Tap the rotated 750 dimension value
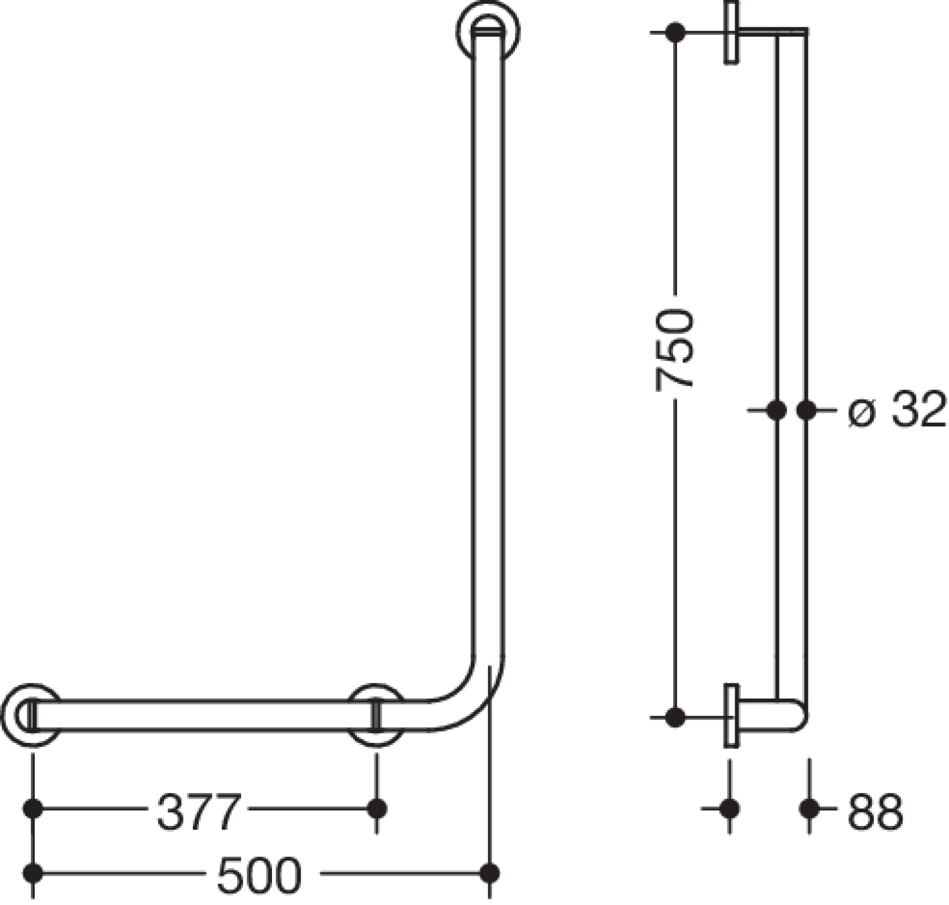coord(674,350)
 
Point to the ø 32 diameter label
coord(897,410)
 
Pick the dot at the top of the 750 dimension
coord(675,32)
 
